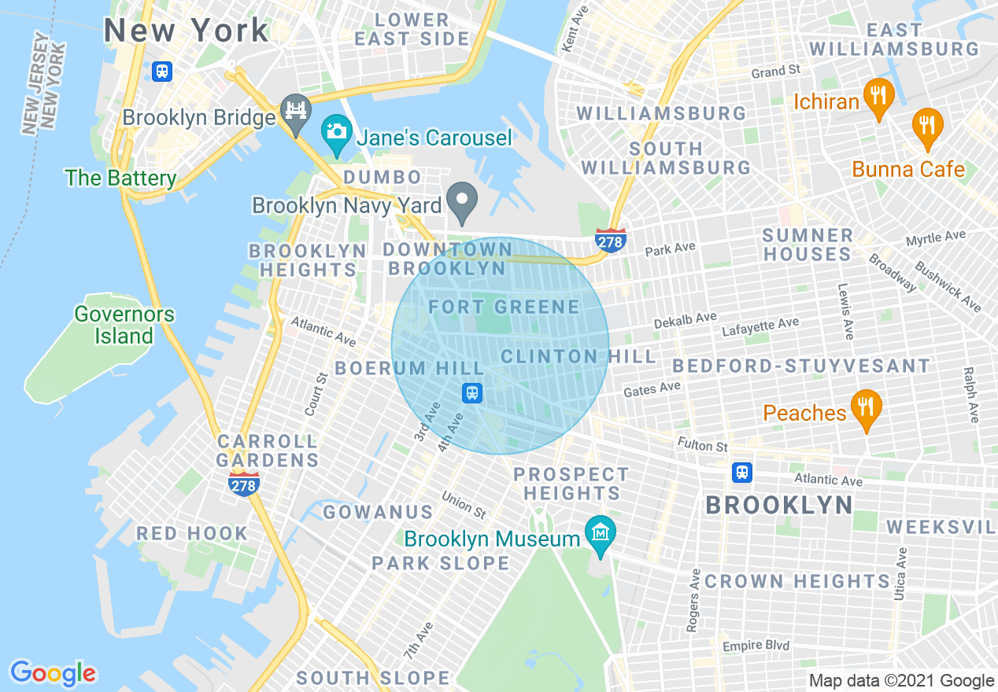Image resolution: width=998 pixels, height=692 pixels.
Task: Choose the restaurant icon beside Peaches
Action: [x=866, y=407]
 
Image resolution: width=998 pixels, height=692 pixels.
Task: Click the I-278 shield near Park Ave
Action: [x=611, y=241]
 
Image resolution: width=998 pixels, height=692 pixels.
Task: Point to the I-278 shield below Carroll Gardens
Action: [x=243, y=484]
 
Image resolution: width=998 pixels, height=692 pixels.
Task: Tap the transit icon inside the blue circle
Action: [x=472, y=392]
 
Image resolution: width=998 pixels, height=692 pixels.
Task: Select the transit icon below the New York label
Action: [x=162, y=71]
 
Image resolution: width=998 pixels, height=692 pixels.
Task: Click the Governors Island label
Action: [x=124, y=325]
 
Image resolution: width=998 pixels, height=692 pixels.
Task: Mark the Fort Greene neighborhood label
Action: [x=504, y=307]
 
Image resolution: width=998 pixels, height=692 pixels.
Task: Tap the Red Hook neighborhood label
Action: [x=192, y=533]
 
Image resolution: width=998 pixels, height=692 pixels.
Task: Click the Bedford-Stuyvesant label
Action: [x=801, y=366]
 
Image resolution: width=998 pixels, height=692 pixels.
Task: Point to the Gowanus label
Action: [x=379, y=512]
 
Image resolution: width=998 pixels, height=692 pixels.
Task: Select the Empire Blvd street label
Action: [x=756, y=646]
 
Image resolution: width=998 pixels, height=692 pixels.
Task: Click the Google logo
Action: [x=53, y=673]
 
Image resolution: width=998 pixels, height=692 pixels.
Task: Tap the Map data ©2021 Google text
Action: [x=902, y=681]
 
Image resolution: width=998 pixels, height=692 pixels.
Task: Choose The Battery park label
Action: [x=121, y=178]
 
